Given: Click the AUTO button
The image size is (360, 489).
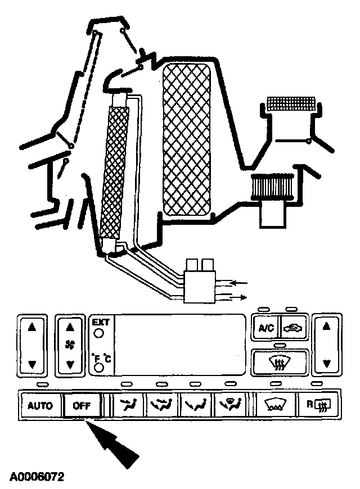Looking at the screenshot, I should coord(40,405).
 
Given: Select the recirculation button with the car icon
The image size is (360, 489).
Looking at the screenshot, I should coord(293,328).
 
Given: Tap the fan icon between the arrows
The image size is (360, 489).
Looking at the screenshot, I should coord(70,345).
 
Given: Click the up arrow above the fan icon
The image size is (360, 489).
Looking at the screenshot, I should coord(70,327).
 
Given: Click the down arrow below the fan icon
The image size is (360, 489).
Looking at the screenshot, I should coord(70,364).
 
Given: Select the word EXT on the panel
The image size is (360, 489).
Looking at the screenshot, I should coord(100,323).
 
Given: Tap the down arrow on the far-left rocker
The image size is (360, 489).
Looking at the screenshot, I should coord(32,364).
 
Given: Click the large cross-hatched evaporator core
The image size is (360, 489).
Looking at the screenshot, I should coord(186,139).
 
